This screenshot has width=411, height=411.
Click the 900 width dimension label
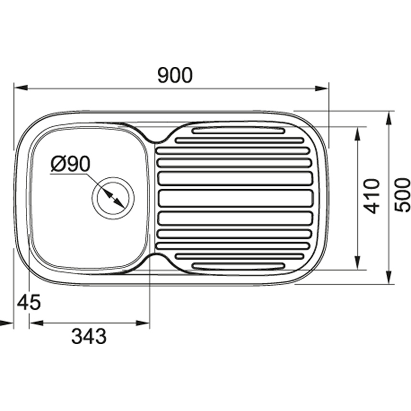pos(175,75)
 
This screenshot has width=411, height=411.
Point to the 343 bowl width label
pos(89,336)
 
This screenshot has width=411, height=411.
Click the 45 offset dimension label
pos(29,302)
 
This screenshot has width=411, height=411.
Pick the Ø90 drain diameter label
pos(71,164)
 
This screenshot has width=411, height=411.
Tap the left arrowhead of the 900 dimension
pos(21,88)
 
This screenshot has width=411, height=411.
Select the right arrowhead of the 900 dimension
pos(321,88)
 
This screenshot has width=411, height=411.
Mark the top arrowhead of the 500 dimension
pos(389,118)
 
